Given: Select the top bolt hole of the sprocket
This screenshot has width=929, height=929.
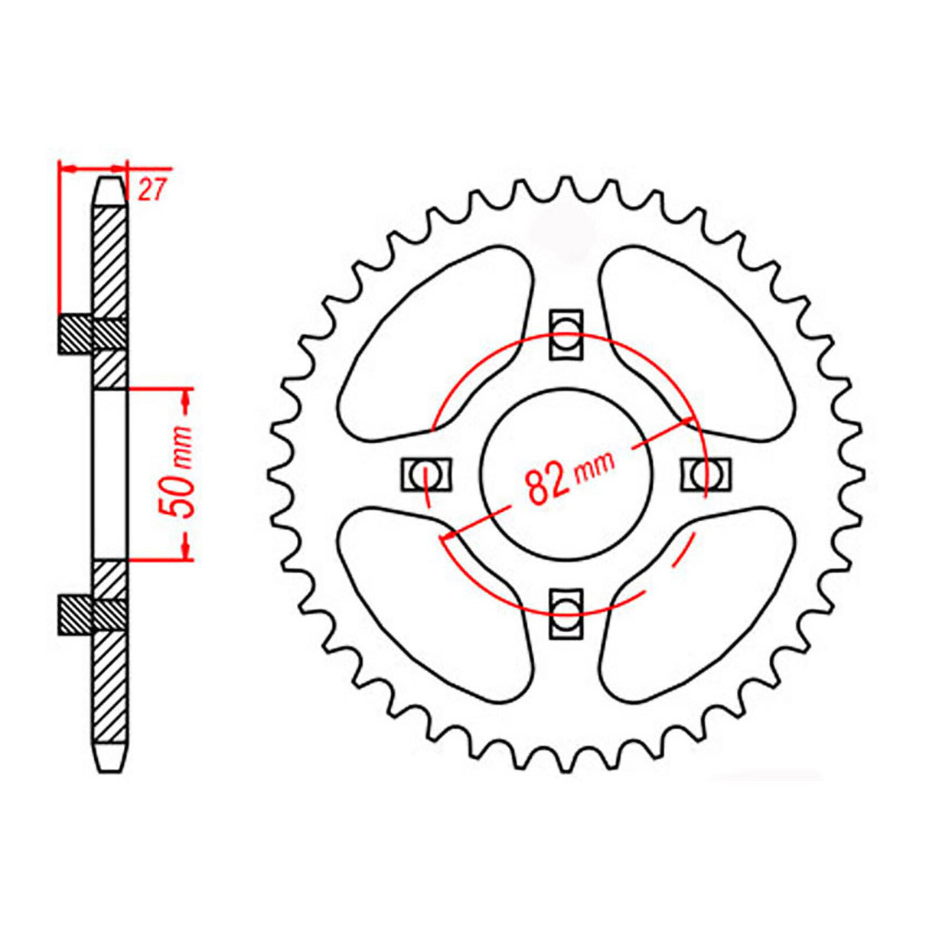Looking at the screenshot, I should coord(566,334).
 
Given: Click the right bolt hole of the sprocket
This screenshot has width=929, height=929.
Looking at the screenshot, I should coord(705,474).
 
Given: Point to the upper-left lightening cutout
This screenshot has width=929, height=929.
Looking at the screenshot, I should coord(436,344).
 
